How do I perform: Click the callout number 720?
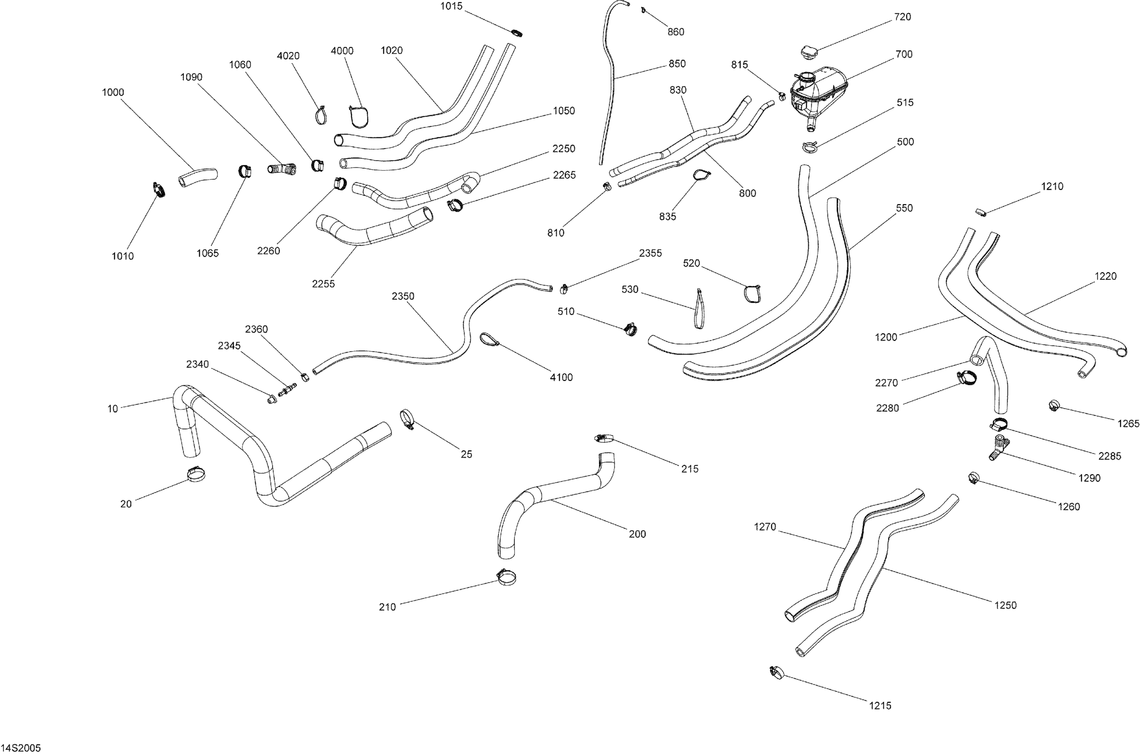(x=902, y=17)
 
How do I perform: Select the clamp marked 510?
(x=630, y=329)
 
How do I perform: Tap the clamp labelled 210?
(x=506, y=577)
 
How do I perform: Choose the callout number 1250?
(x=1005, y=605)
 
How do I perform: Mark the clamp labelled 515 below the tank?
(x=810, y=146)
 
